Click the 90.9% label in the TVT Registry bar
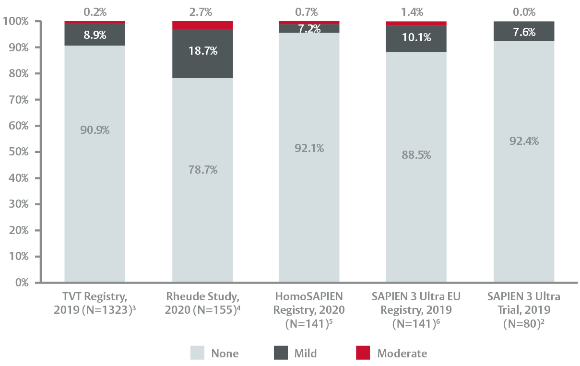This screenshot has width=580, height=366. (95, 130)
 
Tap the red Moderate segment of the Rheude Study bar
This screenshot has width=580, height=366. (202, 25)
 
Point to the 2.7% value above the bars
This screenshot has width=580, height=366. (201, 12)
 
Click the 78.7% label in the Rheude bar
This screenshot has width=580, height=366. (202, 170)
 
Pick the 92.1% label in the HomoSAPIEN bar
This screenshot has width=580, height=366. (309, 148)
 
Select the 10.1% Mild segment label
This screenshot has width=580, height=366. (416, 37)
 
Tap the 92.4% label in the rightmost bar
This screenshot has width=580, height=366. (524, 141)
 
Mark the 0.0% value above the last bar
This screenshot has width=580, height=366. (524, 12)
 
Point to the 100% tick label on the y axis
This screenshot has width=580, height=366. (15, 22)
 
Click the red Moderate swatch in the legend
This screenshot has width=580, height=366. (363, 354)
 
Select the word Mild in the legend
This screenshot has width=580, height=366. (305, 354)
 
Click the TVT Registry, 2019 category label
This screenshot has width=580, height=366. (95, 303)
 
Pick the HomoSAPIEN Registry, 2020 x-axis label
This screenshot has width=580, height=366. (309, 310)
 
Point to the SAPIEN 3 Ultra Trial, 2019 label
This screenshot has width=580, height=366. (524, 310)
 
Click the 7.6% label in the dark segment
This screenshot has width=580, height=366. (524, 32)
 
